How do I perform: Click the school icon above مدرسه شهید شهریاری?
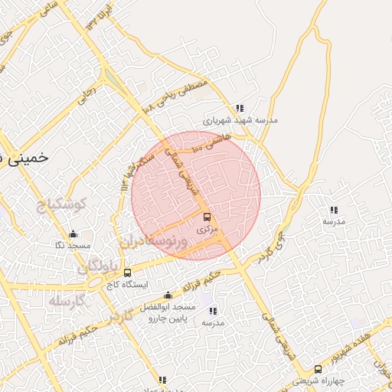point(240,109)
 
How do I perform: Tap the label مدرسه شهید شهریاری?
point(240,120)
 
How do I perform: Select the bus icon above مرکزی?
point(207,217)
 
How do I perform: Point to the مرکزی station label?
point(207,228)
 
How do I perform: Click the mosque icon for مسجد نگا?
point(73,234)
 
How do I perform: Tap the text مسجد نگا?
point(73,245)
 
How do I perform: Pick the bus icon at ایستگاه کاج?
point(127,272)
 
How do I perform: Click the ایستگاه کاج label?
point(127,283)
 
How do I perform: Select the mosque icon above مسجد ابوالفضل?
point(168,296)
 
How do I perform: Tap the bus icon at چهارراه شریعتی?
point(318,369)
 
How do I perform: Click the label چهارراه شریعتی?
point(318,381)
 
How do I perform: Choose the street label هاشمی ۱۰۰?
point(208,139)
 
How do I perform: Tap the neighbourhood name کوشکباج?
point(64,204)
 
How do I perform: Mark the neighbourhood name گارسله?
point(67,302)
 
